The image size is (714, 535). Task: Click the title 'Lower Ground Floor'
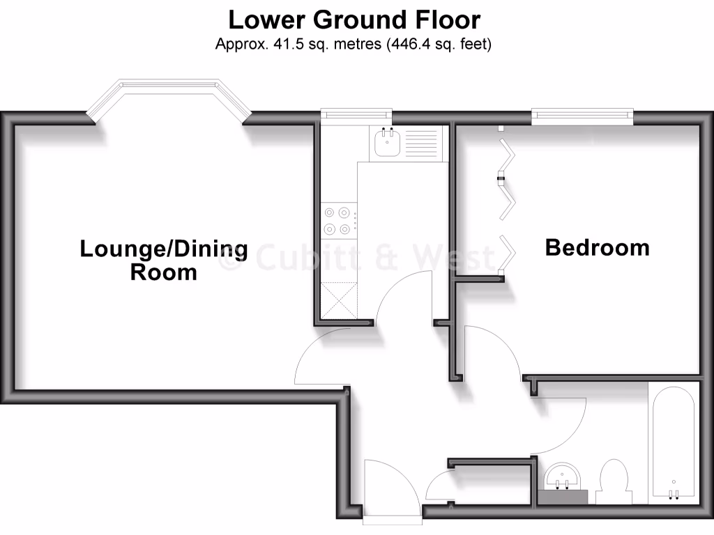(x=354, y=20)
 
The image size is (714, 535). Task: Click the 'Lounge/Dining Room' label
(x=164, y=259)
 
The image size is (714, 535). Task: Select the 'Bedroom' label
(x=597, y=247)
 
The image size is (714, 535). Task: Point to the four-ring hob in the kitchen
(x=338, y=221)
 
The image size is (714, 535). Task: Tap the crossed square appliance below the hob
(x=338, y=300)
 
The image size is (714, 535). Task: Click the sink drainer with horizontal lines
(x=420, y=144)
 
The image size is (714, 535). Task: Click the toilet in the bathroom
(x=614, y=481)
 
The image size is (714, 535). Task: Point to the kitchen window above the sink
(x=356, y=114)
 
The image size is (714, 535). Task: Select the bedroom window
(x=582, y=115)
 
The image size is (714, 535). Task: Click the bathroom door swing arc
(x=561, y=425)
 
